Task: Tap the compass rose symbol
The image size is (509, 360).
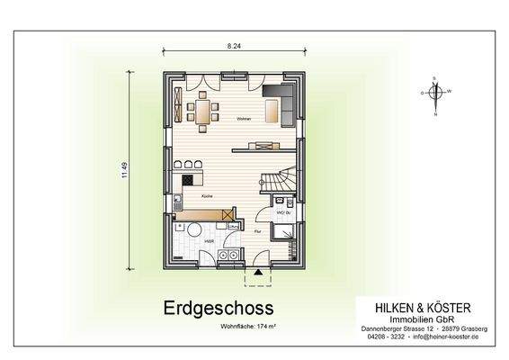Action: click(435, 92)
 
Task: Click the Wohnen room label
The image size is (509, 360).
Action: click(243, 119)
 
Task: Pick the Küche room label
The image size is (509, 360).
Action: click(206, 193)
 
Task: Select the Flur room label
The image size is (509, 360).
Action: click(257, 231)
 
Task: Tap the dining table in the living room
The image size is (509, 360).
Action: click(202, 112)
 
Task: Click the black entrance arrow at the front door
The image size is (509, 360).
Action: click(258, 271)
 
